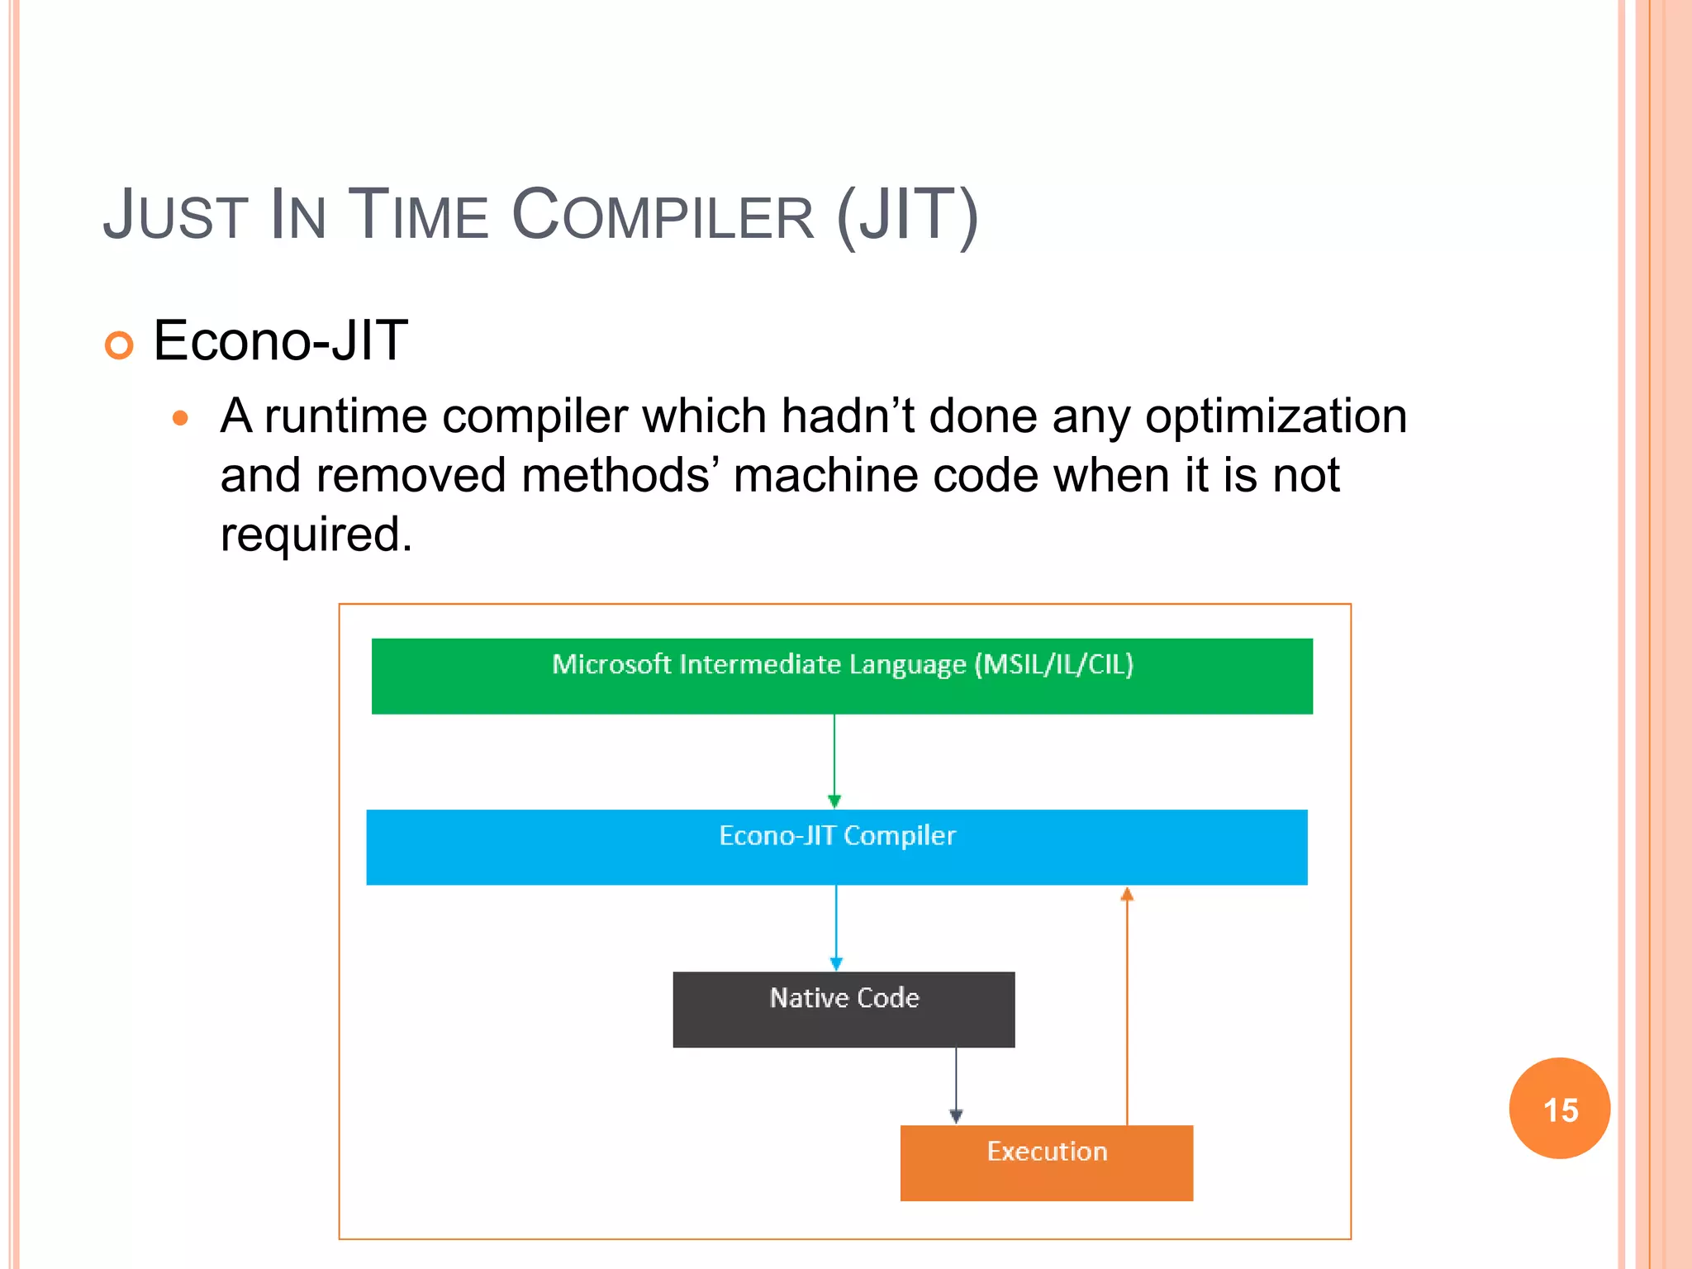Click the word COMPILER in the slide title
tap(663, 216)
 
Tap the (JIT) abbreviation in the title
tap(907, 216)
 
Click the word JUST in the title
tap(175, 216)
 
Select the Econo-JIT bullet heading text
tap(280, 340)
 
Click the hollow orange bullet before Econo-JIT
tap(119, 345)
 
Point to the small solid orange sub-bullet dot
tap(180, 419)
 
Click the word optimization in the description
tap(1276, 416)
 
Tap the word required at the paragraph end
tap(315, 535)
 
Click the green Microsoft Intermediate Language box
tap(841, 676)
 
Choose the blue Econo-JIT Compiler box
tap(836, 847)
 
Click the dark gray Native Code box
tap(844, 1009)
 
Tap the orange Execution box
tap(1046, 1162)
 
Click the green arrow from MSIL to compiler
tap(834, 760)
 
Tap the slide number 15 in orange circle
tap(1560, 1110)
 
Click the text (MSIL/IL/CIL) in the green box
tap(1053, 664)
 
